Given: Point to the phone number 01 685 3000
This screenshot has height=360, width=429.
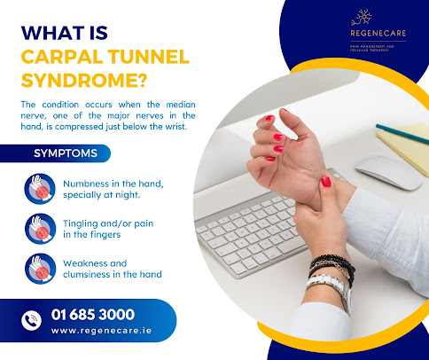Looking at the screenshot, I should (92, 314).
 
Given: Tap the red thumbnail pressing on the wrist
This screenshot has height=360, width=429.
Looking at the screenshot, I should (326, 181).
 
